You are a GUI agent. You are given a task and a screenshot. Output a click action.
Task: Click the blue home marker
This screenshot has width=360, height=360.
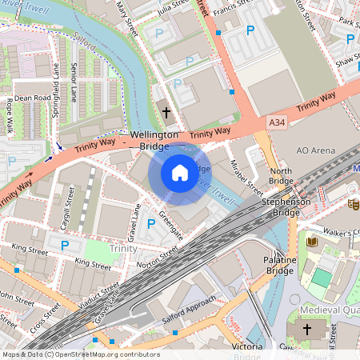point(179,173)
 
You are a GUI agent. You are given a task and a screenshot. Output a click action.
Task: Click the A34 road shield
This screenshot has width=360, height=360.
point(277,122)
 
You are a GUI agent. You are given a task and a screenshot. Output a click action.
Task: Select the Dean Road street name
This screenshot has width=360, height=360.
point(33,98)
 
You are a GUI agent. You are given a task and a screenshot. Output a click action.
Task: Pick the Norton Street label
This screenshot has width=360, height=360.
point(157,258)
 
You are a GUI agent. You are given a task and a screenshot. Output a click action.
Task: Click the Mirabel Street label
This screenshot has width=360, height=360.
point(246,175)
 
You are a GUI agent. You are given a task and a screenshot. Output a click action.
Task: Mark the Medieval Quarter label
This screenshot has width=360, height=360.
point(330,310)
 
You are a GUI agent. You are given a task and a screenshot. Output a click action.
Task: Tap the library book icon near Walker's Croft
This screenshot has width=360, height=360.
point(312,241)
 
